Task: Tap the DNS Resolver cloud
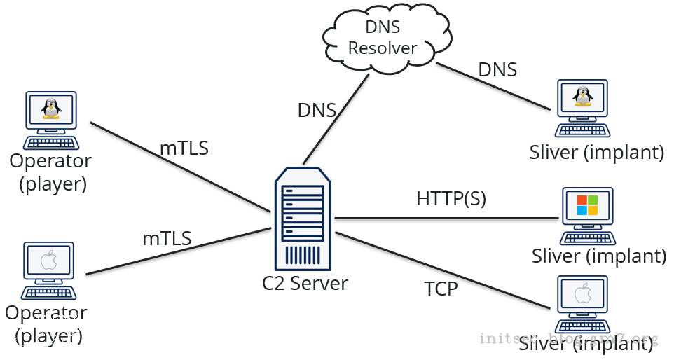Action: [x=381, y=38]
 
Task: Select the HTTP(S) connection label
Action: [x=451, y=198]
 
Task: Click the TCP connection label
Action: [x=441, y=288]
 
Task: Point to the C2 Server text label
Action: [x=305, y=284]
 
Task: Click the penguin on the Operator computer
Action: [x=50, y=109]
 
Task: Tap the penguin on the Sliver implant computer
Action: [x=581, y=96]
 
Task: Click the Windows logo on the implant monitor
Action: [x=587, y=205]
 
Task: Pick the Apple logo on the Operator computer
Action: [x=48, y=261]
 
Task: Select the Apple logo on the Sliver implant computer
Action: [x=582, y=294]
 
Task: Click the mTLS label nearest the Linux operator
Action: [x=184, y=148]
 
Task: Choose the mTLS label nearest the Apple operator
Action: [x=167, y=238]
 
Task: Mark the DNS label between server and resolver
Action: [x=317, y=110]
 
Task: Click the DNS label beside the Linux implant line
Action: [x=497, y=69]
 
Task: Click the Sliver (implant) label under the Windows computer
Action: [x=598, y=256]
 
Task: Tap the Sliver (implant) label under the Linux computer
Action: [x=596, y=151]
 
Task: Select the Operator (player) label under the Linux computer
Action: [x=50, y=172]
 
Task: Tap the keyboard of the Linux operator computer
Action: [x=50, y=141]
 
